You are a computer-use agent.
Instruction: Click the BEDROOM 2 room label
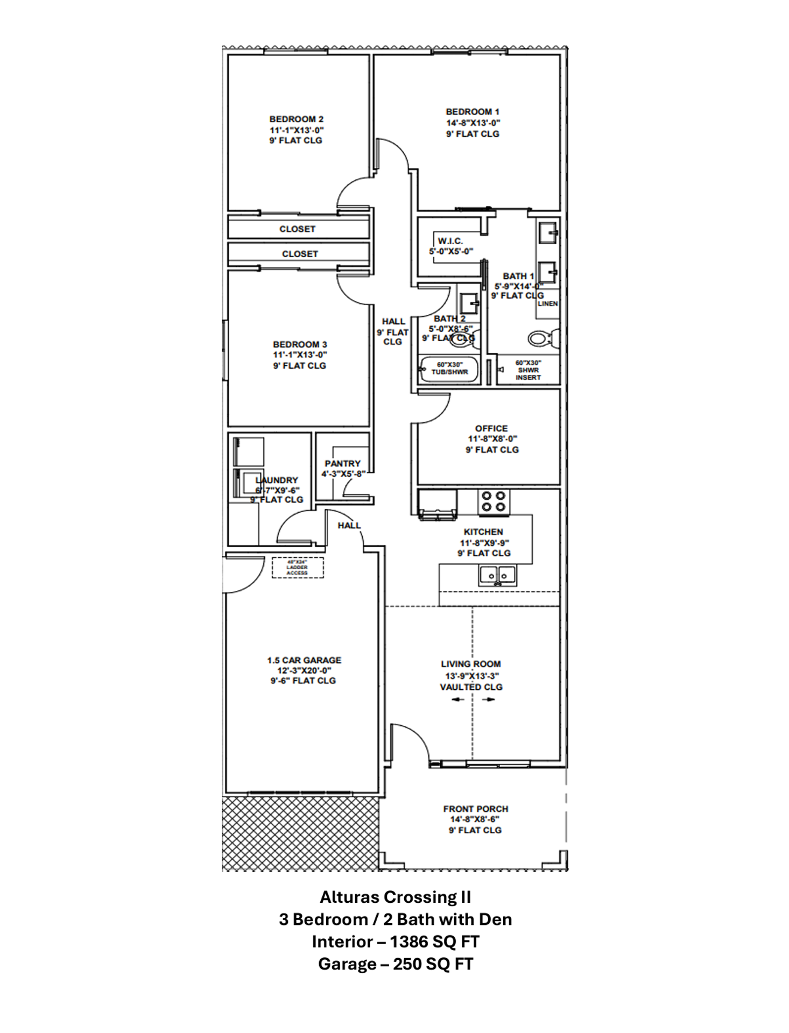(296, 119)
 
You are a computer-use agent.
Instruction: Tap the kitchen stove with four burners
(494, 502)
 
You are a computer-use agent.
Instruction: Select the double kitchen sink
(498, 576)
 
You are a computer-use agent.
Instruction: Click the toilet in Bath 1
(541, 339)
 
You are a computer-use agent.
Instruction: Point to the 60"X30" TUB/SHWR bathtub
(449, 369)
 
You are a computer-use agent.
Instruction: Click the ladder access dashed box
(298, 568)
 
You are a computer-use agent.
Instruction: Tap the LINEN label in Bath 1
(547, 303)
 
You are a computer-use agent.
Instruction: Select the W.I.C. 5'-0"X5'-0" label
(450, 246)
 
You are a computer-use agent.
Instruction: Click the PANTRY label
(343, 463)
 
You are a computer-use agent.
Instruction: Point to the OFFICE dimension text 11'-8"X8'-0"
(492, 439)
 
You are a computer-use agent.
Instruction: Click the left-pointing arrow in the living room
(457, 699)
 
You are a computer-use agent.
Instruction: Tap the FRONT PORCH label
(475, 809)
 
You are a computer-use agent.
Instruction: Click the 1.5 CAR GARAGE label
(304, 660)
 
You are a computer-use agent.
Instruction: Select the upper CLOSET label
(297, 229)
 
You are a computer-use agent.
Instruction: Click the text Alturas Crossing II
(395, 897)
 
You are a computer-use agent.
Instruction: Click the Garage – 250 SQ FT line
(395, 964)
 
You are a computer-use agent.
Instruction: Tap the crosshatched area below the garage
(300, 833)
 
